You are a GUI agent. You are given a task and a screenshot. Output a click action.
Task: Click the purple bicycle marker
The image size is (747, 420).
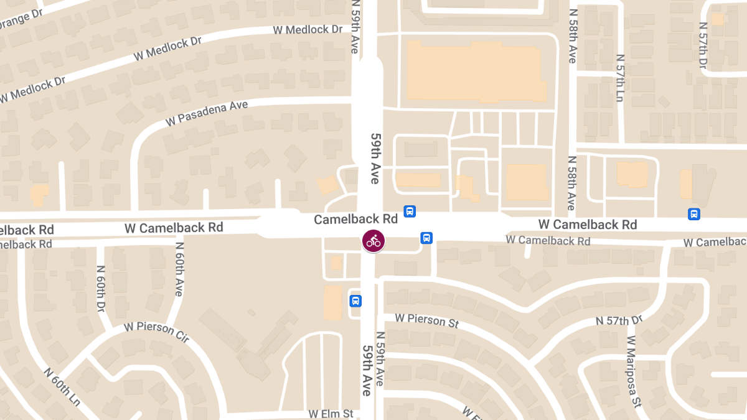click(374, 241)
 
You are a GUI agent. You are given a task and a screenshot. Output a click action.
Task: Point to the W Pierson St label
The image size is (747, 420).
click(426, 319)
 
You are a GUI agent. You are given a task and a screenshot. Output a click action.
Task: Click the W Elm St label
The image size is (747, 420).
click(331, 414)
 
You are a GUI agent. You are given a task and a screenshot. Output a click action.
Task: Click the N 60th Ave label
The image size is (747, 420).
click(179, 269)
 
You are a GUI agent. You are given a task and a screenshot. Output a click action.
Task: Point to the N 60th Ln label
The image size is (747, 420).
click(62, 386)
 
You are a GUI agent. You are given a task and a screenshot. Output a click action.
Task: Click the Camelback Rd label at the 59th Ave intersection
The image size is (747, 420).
click(355, 219)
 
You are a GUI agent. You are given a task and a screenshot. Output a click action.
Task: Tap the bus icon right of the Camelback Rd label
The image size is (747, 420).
click(410, 212)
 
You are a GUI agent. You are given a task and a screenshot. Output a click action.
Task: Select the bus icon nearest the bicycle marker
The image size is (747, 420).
click(426, 238)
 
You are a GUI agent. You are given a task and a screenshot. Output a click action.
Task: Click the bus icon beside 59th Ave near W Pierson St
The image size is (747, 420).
click(355, 301)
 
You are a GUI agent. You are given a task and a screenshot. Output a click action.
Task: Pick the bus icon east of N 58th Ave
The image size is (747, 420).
click(694, 214)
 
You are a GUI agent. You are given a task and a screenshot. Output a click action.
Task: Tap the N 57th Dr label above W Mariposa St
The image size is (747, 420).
click(618, 320)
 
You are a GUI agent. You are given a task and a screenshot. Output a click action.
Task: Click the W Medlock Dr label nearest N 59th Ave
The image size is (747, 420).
click(308, 29)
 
